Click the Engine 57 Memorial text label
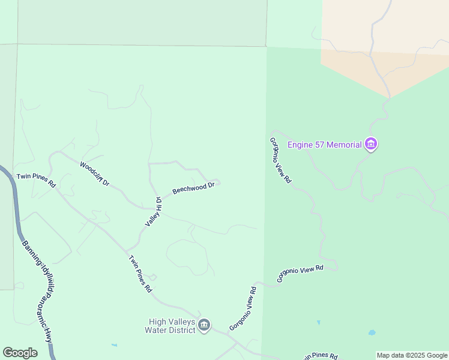tap(325, 145)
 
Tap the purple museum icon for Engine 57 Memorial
tap(371, 145)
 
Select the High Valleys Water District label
tap(170, 326)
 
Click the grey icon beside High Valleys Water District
tap(204, 325)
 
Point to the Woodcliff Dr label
tap(95, 173)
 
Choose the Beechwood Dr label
tap(193, 188)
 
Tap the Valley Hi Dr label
tap(153, 212)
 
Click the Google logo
tap(20, 353)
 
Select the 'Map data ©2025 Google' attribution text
tap(412, 356)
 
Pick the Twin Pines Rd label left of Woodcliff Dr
tap(36, 180)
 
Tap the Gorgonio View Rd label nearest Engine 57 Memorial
tap(280, 160)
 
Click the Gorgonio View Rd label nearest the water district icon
tap(243, 308)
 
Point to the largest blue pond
tap(372, 332)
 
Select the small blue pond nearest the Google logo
tap(114, 346)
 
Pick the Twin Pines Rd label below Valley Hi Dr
tap(140, 274)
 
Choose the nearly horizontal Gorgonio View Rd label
tap(300, 274)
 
